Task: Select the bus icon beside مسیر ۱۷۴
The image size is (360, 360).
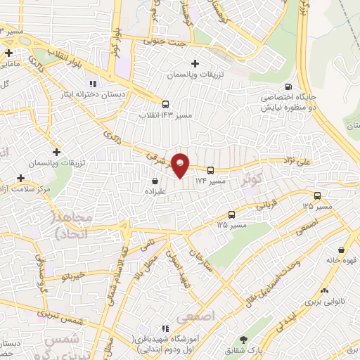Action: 210,169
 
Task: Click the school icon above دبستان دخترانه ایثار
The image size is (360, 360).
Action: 93,85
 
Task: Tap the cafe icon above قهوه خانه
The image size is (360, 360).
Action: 341,250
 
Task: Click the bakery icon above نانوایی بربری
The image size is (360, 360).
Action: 324,290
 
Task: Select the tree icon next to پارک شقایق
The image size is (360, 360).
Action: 244,340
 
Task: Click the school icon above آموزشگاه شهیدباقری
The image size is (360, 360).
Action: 165,328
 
